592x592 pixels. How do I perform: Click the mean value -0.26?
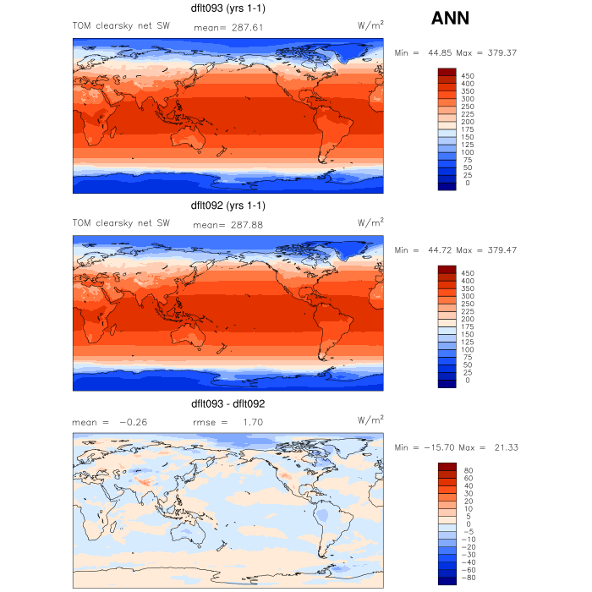[132, 421]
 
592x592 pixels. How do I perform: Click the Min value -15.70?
[436, 447]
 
